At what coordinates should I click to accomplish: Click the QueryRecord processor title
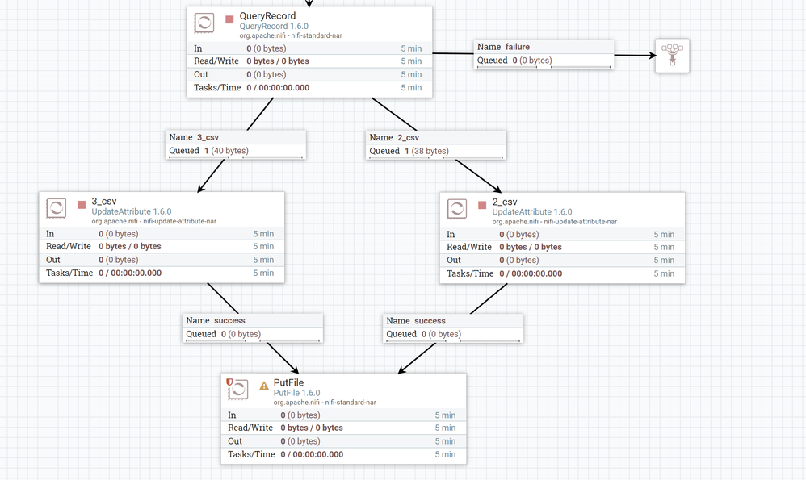click(267, 16)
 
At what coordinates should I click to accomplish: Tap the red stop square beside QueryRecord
click(229, 19)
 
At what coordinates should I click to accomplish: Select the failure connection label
click(517, 47)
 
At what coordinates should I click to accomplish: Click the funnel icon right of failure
click(672, 55)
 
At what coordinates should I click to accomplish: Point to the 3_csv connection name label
click(208, 137)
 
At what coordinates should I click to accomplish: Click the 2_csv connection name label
click(408, 137)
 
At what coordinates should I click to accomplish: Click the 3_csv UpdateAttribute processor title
click(104, 202)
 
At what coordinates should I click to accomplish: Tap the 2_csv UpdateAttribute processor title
click(505, 202)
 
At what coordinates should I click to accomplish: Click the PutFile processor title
click(288, 382)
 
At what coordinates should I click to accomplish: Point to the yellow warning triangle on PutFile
click(263, 386)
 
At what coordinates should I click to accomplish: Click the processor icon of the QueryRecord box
click(204, 23)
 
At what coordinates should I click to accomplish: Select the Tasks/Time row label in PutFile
click(252, 454)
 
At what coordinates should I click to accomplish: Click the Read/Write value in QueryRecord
click(278, 61)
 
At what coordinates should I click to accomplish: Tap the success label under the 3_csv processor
click(229, 320)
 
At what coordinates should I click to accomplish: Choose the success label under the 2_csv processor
click(430, 320)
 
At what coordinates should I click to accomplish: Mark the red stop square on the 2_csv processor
click(482, 205)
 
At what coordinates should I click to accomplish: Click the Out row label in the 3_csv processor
click(52, 260)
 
